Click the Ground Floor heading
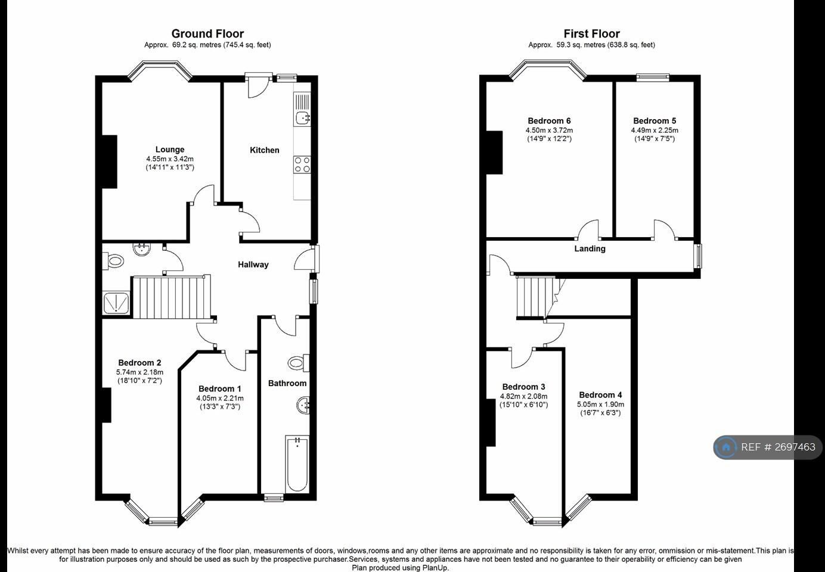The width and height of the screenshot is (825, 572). click(x=207, y=34)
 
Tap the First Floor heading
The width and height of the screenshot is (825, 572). click(x=591, y=34)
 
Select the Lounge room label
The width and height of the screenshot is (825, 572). click(x=170, y=150)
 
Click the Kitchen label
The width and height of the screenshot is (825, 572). click(x=265, y=150)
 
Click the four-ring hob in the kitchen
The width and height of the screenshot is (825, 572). click(x=302, y=164)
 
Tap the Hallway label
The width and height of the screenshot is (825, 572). click(x=253, y=265)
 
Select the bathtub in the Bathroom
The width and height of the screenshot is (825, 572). click(x=297, y=464)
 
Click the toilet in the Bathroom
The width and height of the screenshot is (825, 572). click(x=298, y=363)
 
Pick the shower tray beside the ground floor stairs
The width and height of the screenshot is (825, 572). click(x=116, y=303)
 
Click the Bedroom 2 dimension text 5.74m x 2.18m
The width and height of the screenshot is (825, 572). click(x=139, y=372)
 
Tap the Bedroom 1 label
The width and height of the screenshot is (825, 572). click(x=220, y=388)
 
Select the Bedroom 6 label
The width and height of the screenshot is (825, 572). click(x=549, y=121)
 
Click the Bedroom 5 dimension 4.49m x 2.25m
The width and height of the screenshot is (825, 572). click(x=655, y=130)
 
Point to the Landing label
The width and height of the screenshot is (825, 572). click(x=590, y=249)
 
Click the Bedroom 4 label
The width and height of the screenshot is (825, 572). click(x=600, y=395)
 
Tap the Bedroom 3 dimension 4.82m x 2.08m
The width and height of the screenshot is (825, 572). click(x=523, y=396)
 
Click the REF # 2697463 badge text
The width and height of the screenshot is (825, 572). click(x=778, y=447)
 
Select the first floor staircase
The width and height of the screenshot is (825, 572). click(x=536, y=297)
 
